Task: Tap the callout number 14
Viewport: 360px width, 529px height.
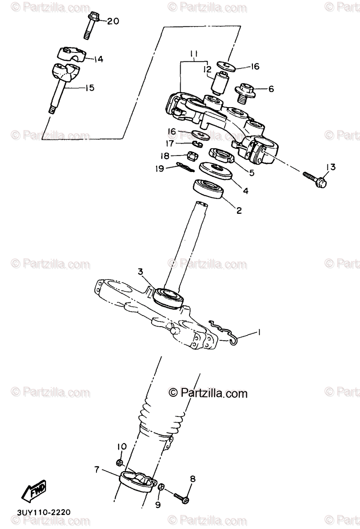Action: [x=98, y=59]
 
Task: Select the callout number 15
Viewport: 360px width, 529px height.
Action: [x=89, y=88]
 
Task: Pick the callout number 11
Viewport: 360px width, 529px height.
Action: [x=193, y=55]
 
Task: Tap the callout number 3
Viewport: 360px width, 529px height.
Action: [x=141, y=272]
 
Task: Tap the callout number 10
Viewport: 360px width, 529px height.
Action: [x=122, y=447]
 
